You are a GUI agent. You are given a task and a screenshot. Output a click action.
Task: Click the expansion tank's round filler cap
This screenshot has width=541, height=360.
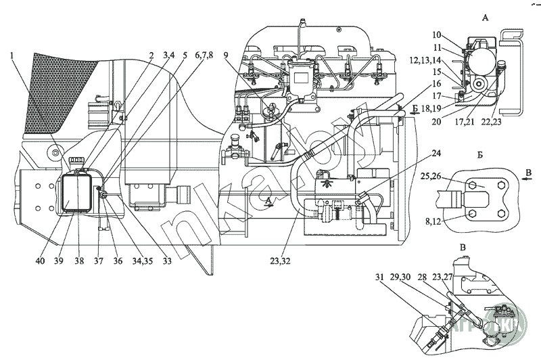[75, 160]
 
